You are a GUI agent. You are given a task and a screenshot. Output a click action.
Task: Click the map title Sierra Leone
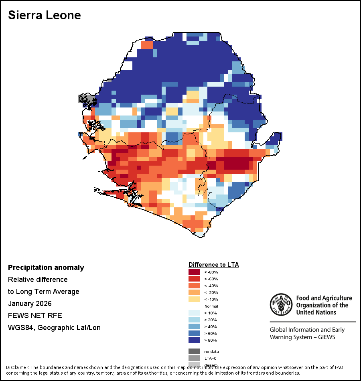click(45, 15)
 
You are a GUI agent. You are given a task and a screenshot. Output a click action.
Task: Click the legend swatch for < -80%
click(194, 272)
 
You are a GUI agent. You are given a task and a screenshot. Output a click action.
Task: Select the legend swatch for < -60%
click(194, 279)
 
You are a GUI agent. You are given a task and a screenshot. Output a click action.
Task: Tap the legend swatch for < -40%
click(194, 286)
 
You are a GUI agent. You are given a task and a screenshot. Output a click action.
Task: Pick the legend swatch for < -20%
click(194, 292)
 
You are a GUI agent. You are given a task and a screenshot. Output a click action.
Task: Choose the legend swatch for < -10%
click(194, 299)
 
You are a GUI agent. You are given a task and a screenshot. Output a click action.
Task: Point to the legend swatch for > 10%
click(194, 313)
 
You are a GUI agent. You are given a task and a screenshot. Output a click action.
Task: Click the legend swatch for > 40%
click(194, 326)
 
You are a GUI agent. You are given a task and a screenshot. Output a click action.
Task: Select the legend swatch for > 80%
click(194, 340)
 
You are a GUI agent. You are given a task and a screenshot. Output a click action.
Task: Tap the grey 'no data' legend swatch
click(194, 351)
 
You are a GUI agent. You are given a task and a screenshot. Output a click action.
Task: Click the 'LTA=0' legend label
click(211, 358)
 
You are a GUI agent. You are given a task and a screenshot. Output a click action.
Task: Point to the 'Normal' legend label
click(211, 306)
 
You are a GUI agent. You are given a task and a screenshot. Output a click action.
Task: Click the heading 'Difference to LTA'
click(213, 265)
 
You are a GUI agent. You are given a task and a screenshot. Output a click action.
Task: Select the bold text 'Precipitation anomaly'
click(46, 268)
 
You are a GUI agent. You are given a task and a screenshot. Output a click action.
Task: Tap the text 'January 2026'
click(30, 304)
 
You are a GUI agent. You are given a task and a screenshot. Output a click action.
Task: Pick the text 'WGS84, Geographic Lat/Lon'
click(54, 328)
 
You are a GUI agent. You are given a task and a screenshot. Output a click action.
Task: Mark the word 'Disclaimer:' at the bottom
click(18, 367)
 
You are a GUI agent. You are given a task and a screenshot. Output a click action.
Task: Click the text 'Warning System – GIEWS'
click(302, 337)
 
